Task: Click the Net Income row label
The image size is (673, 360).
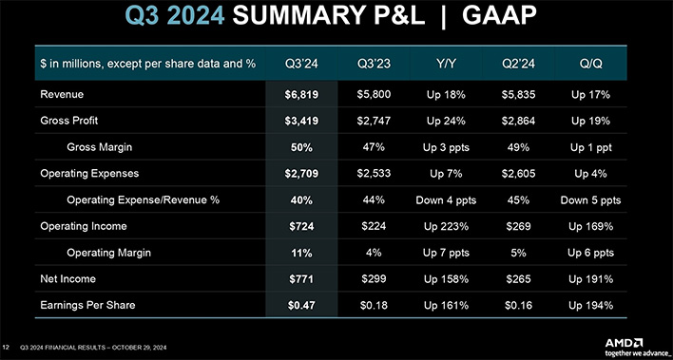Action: pos(68,280)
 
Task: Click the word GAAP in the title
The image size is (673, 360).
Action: pos(490,17)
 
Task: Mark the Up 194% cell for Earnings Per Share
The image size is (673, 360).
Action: pos(592,306)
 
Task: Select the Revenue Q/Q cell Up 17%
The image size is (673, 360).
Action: pos(592,95)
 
